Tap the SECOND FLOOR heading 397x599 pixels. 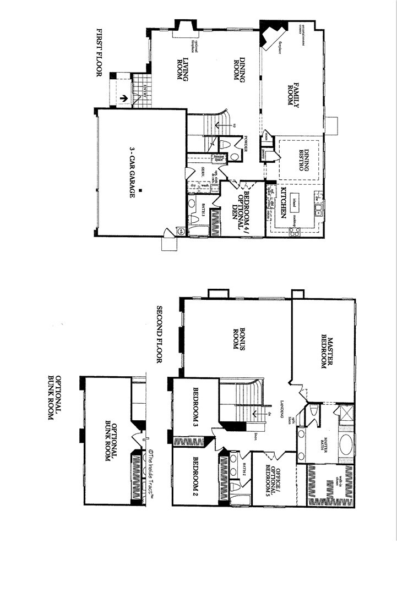click(x=160, y=334)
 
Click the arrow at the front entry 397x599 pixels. click(x=125, y=99)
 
